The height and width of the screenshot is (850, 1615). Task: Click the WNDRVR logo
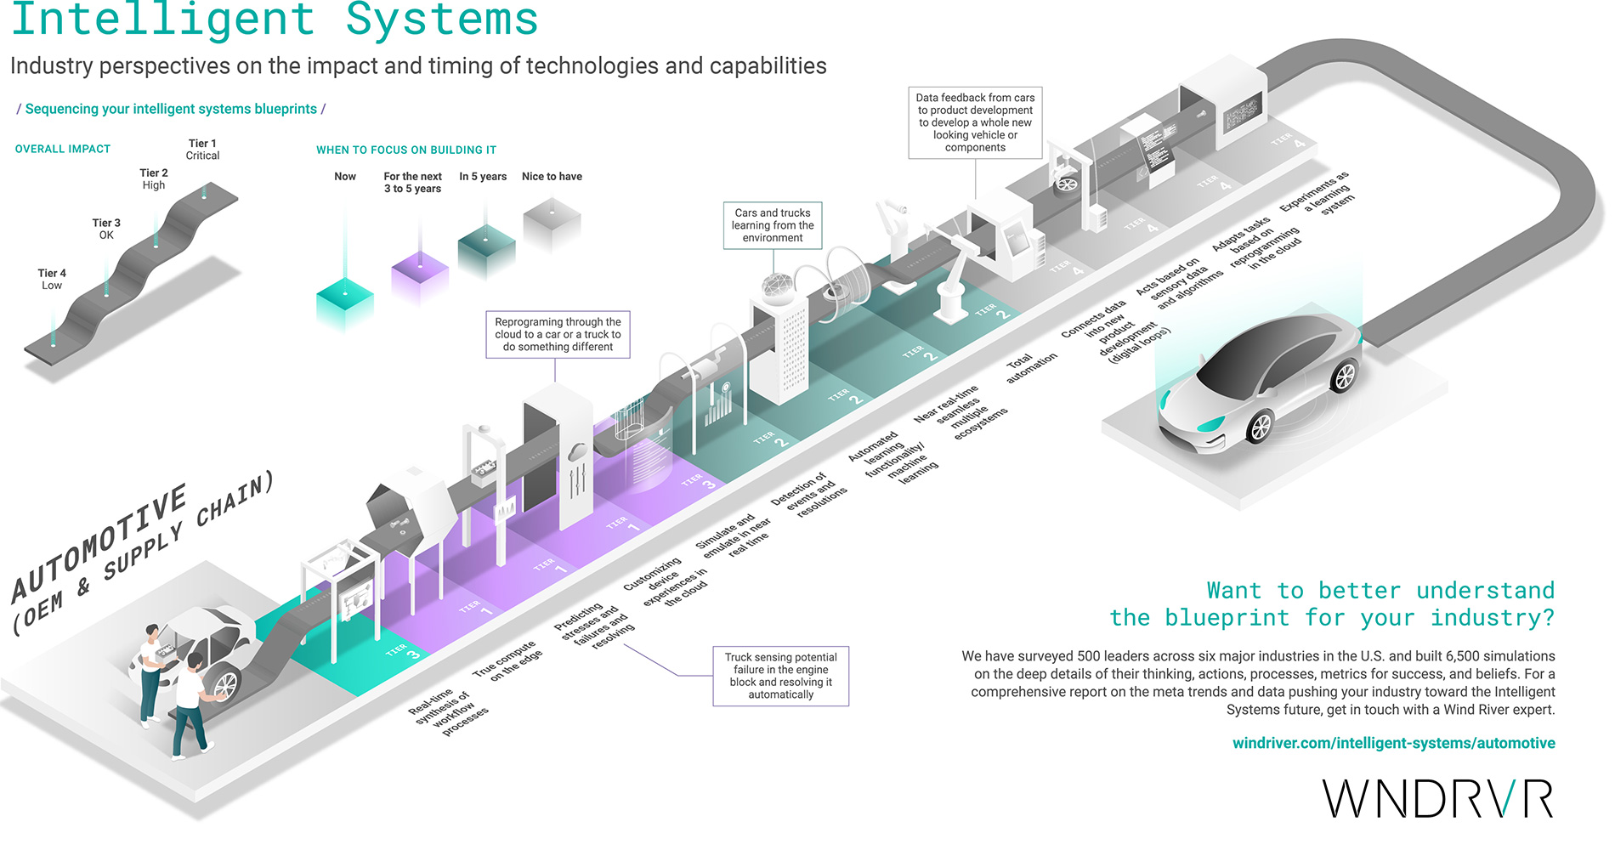coord(1437,799)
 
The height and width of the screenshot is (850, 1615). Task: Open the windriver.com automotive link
coord(1393,743)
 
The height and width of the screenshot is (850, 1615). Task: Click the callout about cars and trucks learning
coord(773,225)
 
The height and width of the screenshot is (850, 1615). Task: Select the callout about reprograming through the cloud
coord(558,334)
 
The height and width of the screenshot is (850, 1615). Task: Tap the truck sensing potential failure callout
coord(780,676)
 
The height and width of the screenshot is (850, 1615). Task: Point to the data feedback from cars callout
coord(975,122)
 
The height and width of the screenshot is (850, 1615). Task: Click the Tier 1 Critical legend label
coord(202,150)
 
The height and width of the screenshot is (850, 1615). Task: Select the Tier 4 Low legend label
coord(51,280)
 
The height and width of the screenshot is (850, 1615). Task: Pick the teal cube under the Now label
coord(344,303)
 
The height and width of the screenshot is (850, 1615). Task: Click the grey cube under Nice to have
coord(552,223)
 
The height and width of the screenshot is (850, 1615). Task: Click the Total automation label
coord(1031,368)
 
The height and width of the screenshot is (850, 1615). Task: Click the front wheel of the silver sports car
coord(1260,426)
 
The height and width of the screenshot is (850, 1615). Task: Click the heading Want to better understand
coord(1332,603)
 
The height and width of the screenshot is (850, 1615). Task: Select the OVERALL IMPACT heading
coord(63,149)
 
